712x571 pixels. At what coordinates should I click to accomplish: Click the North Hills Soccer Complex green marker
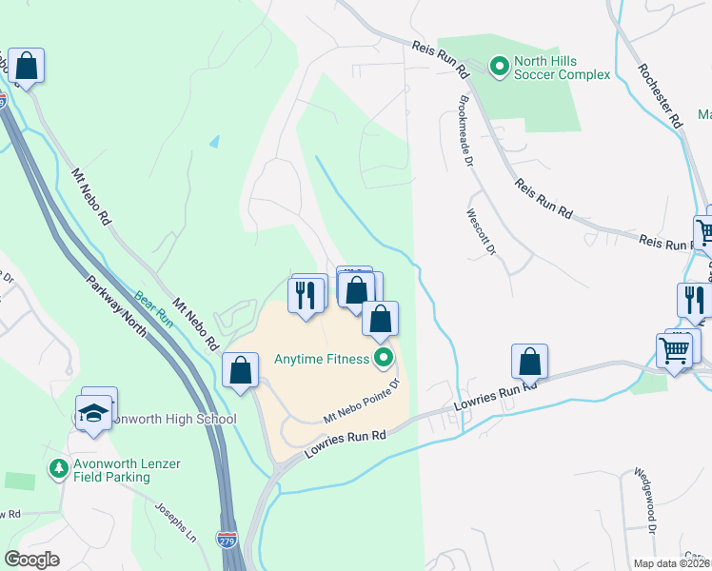[x=498, y=67]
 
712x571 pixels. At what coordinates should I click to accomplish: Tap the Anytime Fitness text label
[x=321, y=359]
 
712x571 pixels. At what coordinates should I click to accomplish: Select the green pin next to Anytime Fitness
[x=384, y=359]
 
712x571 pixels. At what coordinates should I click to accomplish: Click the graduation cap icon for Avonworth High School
[x=92, y=413]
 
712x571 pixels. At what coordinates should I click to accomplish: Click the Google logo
[x=32, y=560]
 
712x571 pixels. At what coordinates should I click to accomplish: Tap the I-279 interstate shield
[x=227, y=540]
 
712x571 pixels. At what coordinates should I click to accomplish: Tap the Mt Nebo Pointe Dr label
[x=363, y=403]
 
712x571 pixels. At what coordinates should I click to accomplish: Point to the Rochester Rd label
[x=661, y=95]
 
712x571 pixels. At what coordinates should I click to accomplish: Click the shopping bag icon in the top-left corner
[x=27, y=67]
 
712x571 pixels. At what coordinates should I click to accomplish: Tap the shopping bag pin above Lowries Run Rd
[x=529, y=362]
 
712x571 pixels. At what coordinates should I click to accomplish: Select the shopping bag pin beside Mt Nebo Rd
[x=241, y=370]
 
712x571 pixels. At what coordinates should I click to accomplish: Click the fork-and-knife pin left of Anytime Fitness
[x=306, y=296]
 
